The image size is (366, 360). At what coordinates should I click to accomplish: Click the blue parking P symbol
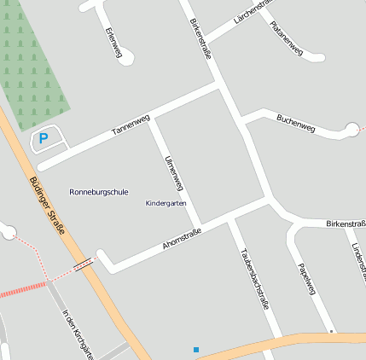44,137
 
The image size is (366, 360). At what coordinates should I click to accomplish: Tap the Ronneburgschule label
99,192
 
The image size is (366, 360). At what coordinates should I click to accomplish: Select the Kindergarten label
166,204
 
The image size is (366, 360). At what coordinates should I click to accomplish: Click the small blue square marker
196,350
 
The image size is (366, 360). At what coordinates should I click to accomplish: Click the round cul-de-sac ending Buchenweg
352,130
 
